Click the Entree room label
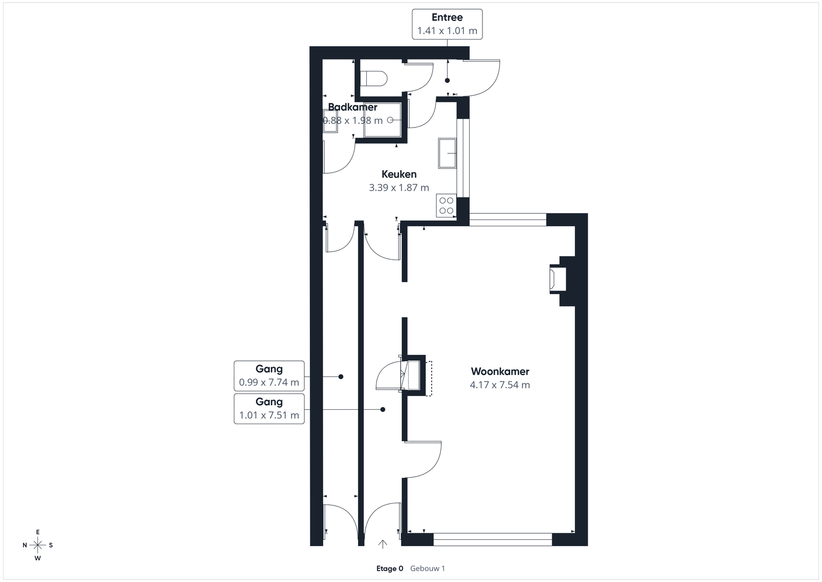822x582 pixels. point(447,17)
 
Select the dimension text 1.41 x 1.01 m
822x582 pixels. point(447,30)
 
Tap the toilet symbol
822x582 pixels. point(374,78)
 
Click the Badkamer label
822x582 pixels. point(352,107)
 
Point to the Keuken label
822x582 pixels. point(399,174)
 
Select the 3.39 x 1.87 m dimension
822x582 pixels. point(399,188)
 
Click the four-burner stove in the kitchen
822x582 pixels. point(446,206)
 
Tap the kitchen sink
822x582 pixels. point(447,154)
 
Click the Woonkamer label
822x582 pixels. point(500,371)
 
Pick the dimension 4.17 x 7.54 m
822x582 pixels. point(500,385)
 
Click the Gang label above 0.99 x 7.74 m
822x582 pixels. point(269,369)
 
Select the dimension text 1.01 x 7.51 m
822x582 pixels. point(269,415)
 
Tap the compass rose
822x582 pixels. point(38,545)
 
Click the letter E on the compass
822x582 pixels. point(38,532)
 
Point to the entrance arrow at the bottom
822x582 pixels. point(383,544)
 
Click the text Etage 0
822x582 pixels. point(390,569)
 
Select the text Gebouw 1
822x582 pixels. point(427,569)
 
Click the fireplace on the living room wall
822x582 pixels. point(558,279)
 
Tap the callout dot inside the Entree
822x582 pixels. point(447,80)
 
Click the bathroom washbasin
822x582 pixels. point(330,121)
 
